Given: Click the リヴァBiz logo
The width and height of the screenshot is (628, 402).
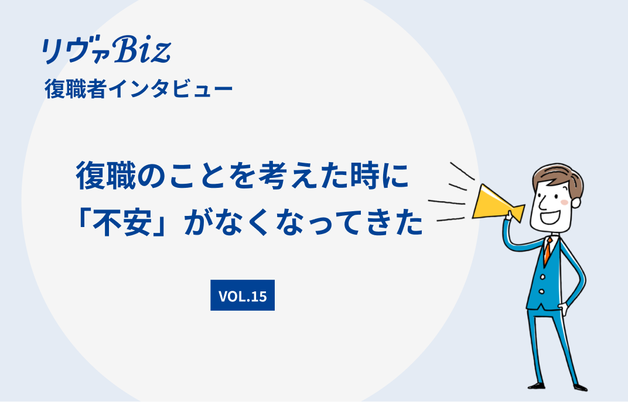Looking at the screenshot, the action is click(x=107, y=50).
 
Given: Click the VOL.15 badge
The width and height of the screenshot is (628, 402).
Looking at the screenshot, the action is click(x=243, y=295).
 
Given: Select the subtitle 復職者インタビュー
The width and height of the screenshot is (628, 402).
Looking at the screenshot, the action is click(x=139, y=89).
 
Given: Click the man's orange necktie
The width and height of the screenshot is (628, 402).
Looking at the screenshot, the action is click(x=548, y=250).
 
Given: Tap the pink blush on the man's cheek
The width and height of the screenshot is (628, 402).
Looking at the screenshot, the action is click(x=564, y=202).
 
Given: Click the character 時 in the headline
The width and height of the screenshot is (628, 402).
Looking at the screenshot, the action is click(x=365, y=176).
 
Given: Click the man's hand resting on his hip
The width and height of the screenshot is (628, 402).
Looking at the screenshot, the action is click(x=563, y=309).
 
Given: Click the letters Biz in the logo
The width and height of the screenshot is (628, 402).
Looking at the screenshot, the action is click(x=142, y=50).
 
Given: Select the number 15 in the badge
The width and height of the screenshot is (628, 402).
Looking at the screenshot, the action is click(x=259, y=296).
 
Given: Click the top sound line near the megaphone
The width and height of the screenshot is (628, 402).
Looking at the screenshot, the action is click(x=463, y=171).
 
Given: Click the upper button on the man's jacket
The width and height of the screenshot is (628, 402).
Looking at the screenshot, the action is click(x=542, y=277).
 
